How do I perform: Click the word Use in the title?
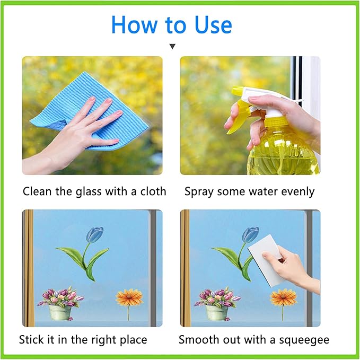coord(213,25)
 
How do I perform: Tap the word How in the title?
coord(134,25)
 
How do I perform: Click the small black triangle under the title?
coord(172,46)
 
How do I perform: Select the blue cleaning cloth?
coord(90,110)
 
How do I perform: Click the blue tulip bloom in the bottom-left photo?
coord(95,234)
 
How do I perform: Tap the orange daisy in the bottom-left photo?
coord(129,297)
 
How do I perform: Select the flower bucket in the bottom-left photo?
coord(60,312)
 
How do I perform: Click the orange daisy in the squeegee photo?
coord(283,297)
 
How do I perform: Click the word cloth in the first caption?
coord(153,191)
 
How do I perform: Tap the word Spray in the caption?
coord(199,192)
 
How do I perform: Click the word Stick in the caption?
coord(32,339)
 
